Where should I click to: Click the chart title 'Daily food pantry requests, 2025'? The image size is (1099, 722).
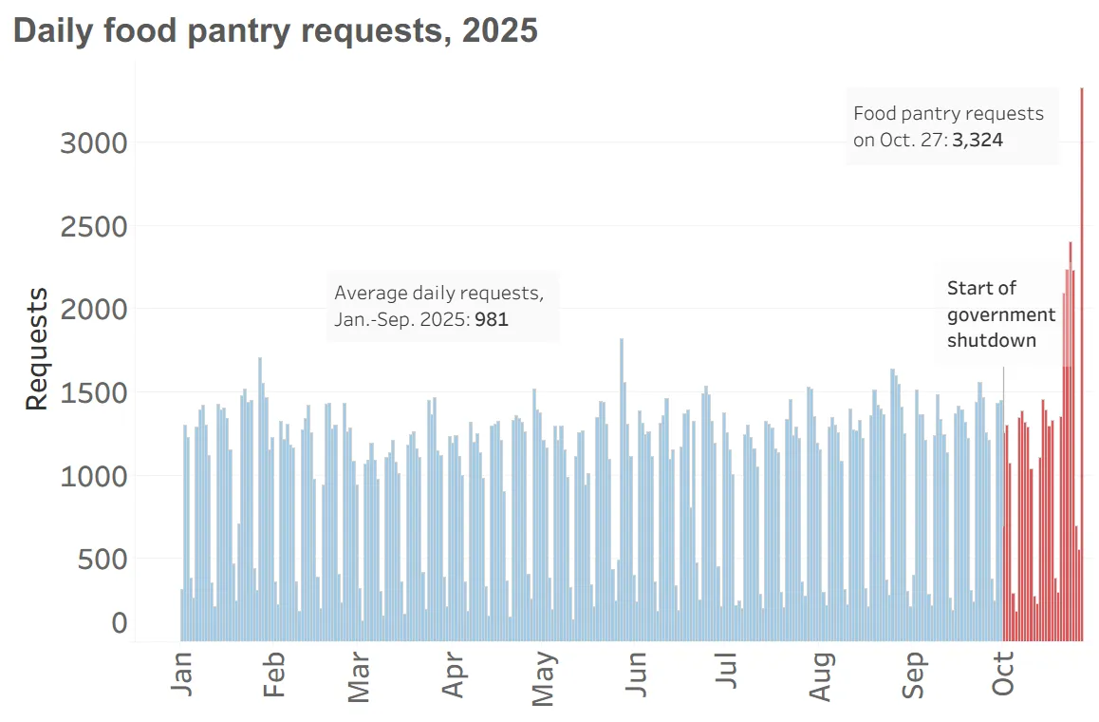pyautogui.click(x=275, y=30)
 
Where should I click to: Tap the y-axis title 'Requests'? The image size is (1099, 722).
pyautogui.click(x=36, y=349)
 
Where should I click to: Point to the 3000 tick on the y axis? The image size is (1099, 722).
pyautogui.click(x=93, y=143)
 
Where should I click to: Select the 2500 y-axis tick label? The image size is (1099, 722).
pyautogui.click(x=93, y=227)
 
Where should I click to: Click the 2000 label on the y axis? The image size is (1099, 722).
pyautogui.click(x=93, y=310)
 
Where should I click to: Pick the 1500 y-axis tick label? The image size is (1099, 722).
pyautogui.click(x=93, y=393)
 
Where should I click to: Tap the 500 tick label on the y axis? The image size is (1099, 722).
pyautogui.click(x=102, y=560)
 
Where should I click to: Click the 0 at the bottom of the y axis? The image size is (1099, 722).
pyautogui.click(x=120, y=624)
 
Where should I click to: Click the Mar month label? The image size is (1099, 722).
pyautogui.click(x=359, y=676)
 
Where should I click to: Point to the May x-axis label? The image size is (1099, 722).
pyautogui.click(x=543, y=678)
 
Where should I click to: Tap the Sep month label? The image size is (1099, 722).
pyautogui.click(x=913, y=674)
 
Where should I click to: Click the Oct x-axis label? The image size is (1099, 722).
pyautogui.click(x=1003, y=673)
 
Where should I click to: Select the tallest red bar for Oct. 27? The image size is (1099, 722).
pyautogui.click(x=1082, y=380)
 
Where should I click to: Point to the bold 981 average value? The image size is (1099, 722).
pyautogui.click(x=493, y=320)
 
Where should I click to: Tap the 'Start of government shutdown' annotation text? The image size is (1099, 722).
pyautogui.click(x=1000, y=314)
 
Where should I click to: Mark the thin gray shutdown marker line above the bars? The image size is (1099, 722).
pyautogui.click(x=1003, y=380)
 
